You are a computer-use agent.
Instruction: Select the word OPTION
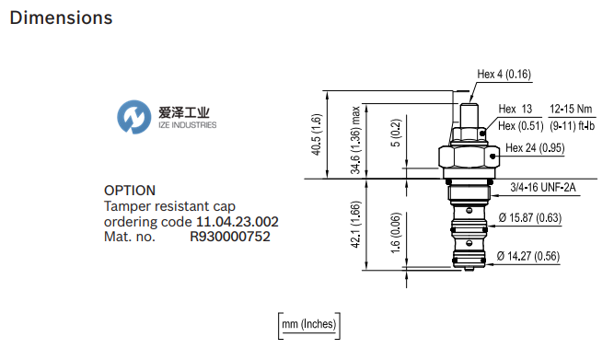click(130, 191)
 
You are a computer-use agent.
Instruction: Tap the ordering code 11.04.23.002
click(237, 222)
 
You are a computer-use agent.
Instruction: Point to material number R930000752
click(230, 237)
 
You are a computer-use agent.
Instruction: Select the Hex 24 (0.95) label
click(535, 147)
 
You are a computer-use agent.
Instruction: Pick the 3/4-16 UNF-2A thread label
click(543, 189)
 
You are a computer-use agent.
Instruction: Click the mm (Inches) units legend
click(308, 323)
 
